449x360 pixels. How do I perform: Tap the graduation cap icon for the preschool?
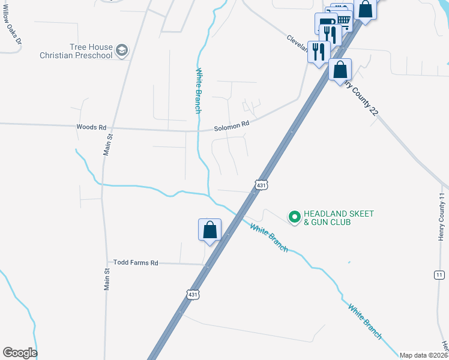(x=122, y=50)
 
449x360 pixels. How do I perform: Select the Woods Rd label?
(x=91, y=127)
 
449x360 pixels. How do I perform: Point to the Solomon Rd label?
(x=232, y=126)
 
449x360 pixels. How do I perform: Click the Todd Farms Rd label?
(x=136, y=263)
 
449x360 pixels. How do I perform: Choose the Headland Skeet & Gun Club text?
(x=339, y=218)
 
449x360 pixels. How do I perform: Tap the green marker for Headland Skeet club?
(x=294, y=217)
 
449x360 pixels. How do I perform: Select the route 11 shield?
(x=439, y=274)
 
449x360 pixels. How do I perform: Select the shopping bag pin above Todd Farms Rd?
(x=209, y=230)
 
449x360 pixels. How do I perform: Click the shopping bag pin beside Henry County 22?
(x=340, y=70)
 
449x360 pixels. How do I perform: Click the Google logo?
(x=20, y=353)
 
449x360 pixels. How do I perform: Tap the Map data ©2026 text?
(x=424, y=355)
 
